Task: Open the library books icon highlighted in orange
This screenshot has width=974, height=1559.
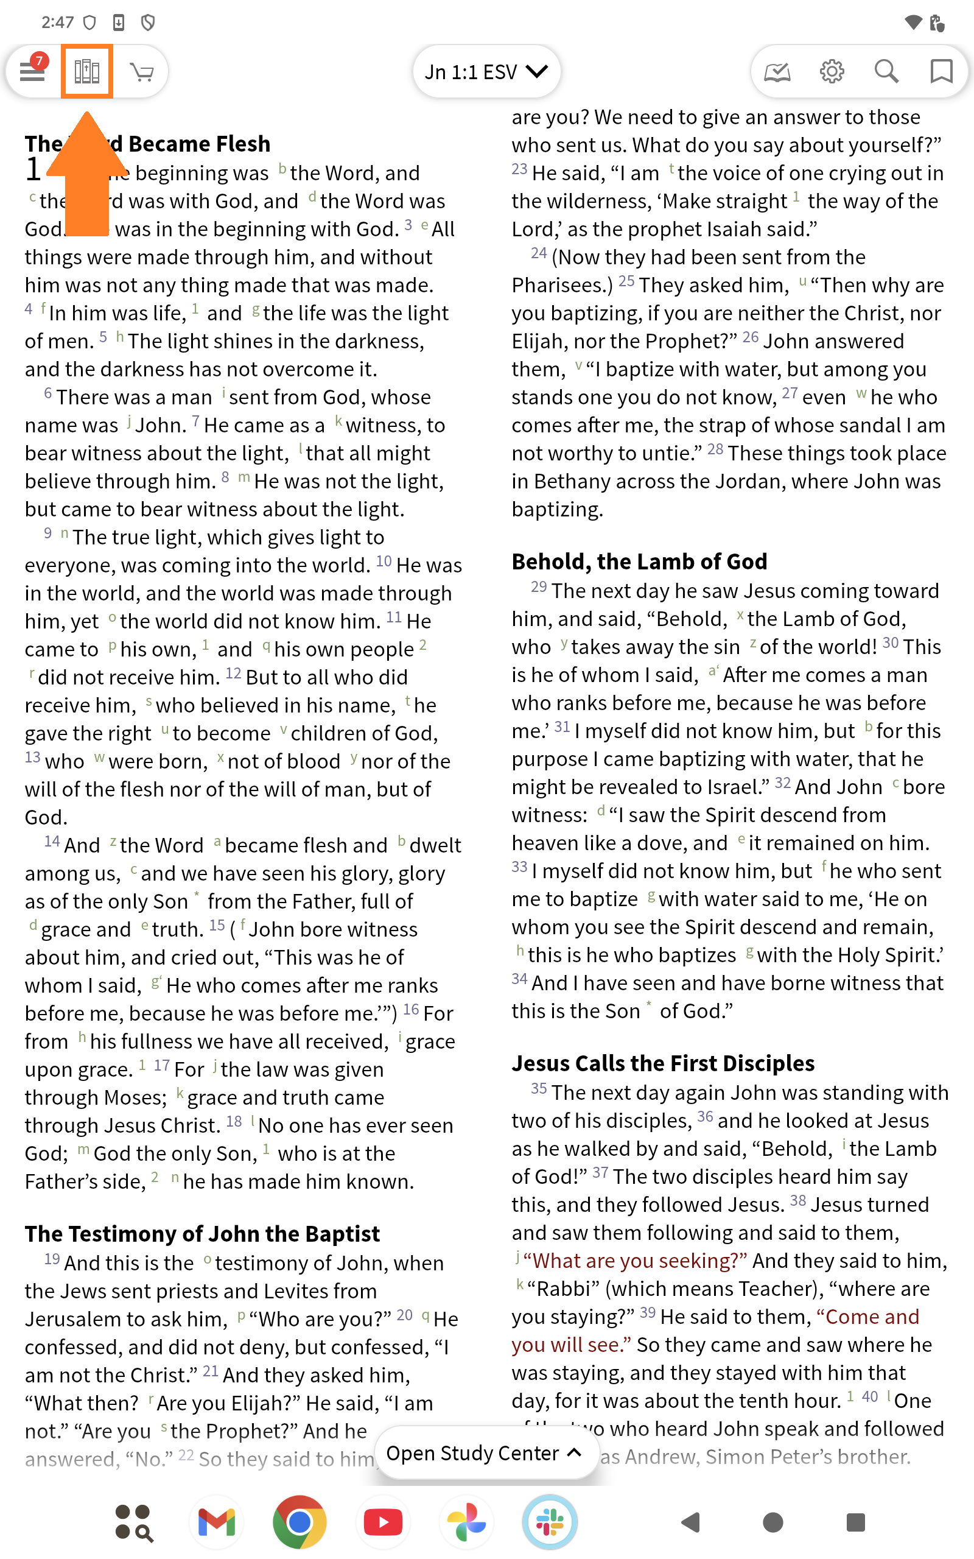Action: [x=87, y=71]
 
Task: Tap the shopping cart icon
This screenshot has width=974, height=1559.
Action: [x=142, y=71]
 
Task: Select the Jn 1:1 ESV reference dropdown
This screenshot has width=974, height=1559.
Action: [x=486, y=71]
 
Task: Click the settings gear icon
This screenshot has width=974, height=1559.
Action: [x=832, y=71]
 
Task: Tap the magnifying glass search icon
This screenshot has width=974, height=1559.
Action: [x=886, y=71]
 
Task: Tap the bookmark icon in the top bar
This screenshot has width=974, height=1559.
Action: [x=941, y=71]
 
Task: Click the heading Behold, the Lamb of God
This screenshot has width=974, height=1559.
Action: [x=639, y=561]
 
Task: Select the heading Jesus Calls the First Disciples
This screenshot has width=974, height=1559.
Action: [x=663, y=1063]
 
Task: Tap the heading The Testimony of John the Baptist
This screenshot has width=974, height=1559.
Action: [x=202, y=1234]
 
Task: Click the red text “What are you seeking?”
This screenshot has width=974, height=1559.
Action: [x=635, y=1260]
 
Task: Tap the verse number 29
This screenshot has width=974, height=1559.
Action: [x=539, y=588]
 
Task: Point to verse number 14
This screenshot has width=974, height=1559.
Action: [x=52, y=842]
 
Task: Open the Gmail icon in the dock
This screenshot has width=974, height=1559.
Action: [x=217, y=1522]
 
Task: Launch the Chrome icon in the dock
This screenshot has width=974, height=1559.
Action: [x=300, y=1522]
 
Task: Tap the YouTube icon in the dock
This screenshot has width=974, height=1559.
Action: [x=383, y=1522]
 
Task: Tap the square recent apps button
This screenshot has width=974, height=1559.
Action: [x=855, y=1522]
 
